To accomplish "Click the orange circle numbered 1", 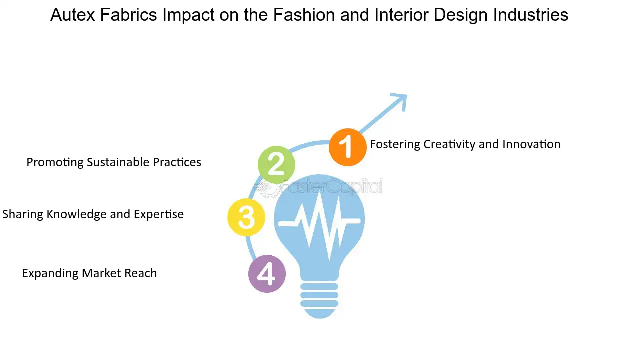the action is (347, 147).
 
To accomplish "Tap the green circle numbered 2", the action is (276, 165).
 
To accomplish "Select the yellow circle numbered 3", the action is (246, 217).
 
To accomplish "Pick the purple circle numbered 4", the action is (267, 273).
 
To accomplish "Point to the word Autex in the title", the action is (72, 15).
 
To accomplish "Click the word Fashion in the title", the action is (304, 15).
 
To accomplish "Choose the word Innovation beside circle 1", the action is (531, 144).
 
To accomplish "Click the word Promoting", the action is (55, 163).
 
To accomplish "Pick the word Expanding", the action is (50, 273).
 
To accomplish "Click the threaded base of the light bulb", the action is (319, 300).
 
